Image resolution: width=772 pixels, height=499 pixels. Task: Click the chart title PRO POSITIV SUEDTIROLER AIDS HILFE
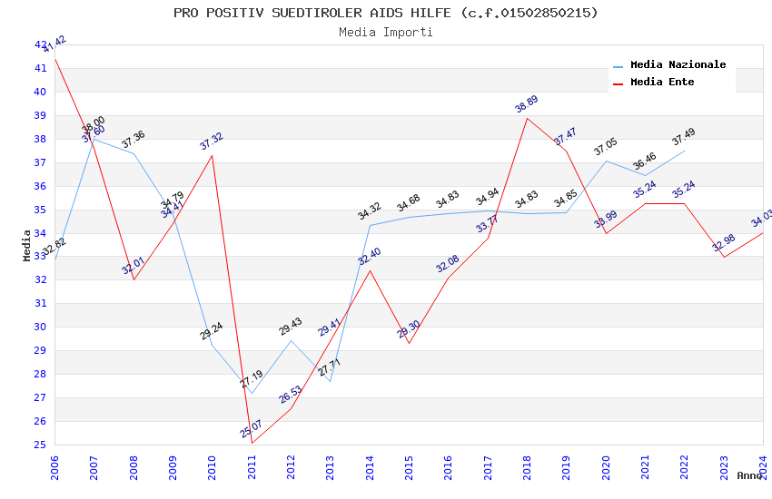pyautogui.click(x=386, y=13)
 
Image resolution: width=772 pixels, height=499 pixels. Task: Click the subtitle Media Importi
pyautogui.click(x=386, y=32)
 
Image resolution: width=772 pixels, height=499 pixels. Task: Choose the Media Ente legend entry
pyautogui.click(x=662, y=83)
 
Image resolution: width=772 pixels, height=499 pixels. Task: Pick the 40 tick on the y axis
pyautogui.click(x=40, y=92)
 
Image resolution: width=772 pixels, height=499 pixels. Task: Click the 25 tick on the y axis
pyautogui.click(x=40, y=445)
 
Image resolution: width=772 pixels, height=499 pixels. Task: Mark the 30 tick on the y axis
pyautogui.click(x=40, y=327)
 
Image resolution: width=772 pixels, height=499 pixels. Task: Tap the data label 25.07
pyautogui.click(x=252, y=428)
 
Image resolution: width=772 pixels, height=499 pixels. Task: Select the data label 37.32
pyautogui.click(x=212, y=142)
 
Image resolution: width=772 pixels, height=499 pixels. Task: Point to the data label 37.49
pyautogui.click(x=684, y=137)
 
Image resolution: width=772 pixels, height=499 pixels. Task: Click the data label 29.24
pyautogui.click(x=212, y=331)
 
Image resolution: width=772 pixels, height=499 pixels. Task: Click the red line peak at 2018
pyautogui.click(x=527, y=118)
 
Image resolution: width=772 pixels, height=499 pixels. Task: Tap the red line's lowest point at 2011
pyautogui.click(x=252, y=443)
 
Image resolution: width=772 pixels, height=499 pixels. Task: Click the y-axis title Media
pyautogui.click(x=27, y=245)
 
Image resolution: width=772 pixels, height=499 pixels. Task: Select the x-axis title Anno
pyautogui.click(x=749, y=475)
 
